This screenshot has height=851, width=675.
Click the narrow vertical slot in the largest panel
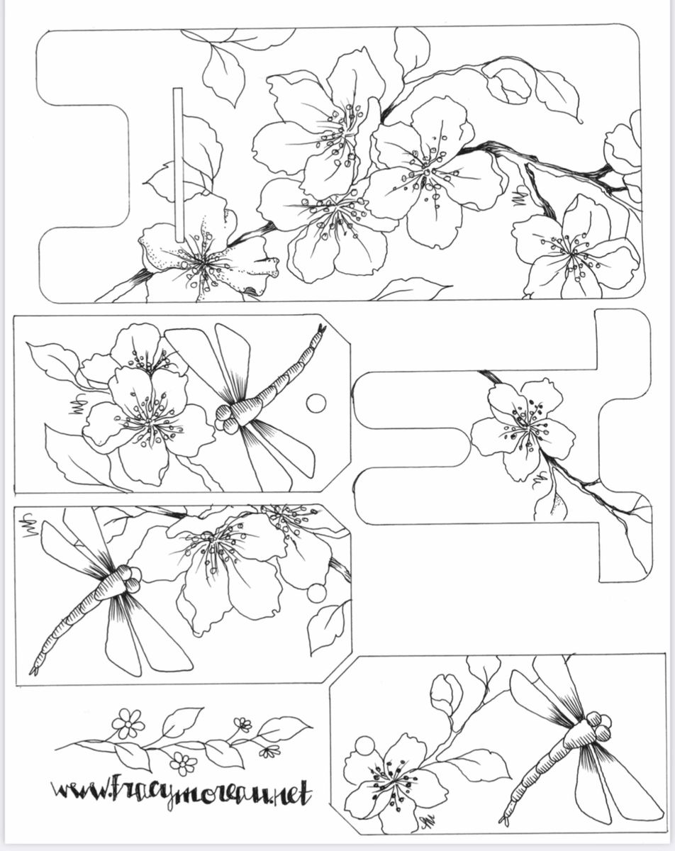coord(178,165)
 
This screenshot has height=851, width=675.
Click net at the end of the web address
coord(291,793)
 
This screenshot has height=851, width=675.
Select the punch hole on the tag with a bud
coord(364,745)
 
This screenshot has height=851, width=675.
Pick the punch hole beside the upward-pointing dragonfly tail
coord(316,404)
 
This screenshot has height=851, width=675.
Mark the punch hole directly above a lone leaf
coord(317,593)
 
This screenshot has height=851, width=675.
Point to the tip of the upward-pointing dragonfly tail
coord(323,328)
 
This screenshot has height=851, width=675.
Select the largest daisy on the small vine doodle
coord(128,723)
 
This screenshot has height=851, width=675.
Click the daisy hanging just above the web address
coord(183,763)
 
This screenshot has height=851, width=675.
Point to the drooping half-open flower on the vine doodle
coord(269,751)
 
